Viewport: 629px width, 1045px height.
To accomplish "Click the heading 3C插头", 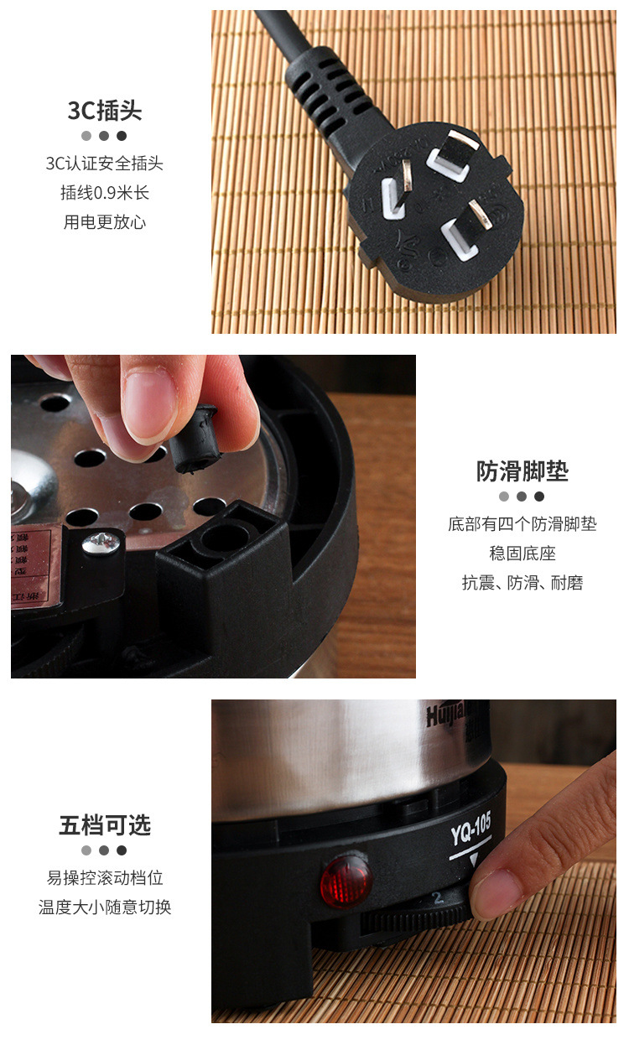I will [x=105, y=111].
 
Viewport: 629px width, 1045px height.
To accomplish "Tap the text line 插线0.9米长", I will [x=105, y=193].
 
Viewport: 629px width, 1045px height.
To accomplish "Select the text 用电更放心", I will [x=105, y=222].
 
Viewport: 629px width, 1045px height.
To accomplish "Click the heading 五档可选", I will [x=105, y=825].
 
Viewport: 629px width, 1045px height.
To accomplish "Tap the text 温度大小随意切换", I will [x=105, y=907].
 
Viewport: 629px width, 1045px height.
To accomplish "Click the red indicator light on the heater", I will [x=346, y=881].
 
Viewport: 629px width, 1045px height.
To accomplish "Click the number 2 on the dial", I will [x=438, y=897].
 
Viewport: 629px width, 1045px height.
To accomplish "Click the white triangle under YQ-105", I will [x=474, y=860].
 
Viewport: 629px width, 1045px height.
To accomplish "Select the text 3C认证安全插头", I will [x=105, y=164].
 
